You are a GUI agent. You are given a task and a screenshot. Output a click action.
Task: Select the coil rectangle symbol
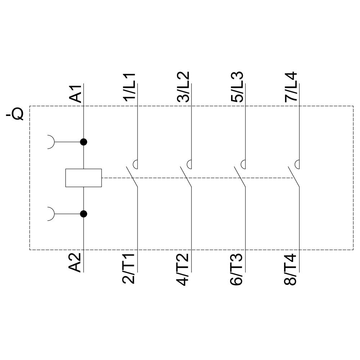[84, 178]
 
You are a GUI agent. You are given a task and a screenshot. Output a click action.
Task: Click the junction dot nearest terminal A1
[84, 142]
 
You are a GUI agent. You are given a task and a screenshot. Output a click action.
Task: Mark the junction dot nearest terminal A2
[84, 214]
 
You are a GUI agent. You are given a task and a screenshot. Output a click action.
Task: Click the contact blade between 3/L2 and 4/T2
[185, 177]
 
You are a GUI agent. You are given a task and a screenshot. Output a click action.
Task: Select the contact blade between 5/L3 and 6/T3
[239, 177]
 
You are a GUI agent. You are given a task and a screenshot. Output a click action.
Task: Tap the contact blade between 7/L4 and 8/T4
[293, 177]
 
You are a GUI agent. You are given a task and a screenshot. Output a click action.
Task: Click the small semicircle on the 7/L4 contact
[297, 164]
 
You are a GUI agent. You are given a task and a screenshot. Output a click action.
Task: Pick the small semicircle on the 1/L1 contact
[136, 164]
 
